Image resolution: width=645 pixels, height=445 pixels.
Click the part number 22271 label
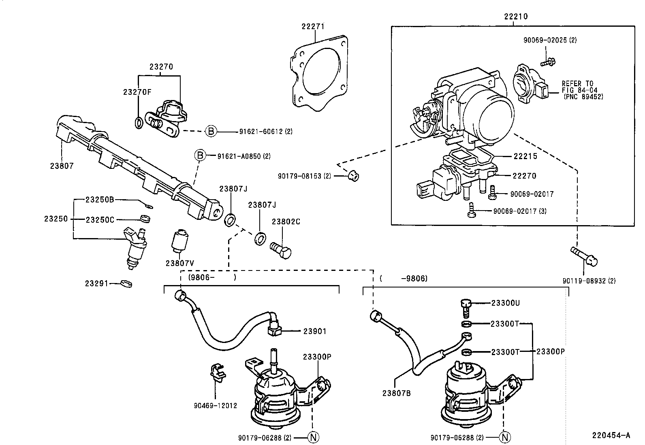click(313, 26)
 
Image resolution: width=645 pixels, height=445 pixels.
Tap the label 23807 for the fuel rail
click(62, 166)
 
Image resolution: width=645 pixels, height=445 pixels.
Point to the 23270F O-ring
click(138, 122)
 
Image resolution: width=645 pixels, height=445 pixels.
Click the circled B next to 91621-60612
click(211, 131)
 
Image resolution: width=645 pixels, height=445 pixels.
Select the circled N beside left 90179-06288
click(314, 437)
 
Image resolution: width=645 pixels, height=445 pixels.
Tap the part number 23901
click(315, 331)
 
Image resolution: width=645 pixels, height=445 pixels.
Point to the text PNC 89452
click(583, 97)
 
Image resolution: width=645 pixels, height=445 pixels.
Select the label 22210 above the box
click(516, 17)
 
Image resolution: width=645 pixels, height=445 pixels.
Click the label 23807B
click(396, 392)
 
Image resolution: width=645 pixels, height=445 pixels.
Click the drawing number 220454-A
click(611, 435)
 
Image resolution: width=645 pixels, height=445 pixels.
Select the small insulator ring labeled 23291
click(126, 283)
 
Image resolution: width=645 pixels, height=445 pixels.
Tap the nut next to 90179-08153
click(354, 176)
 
